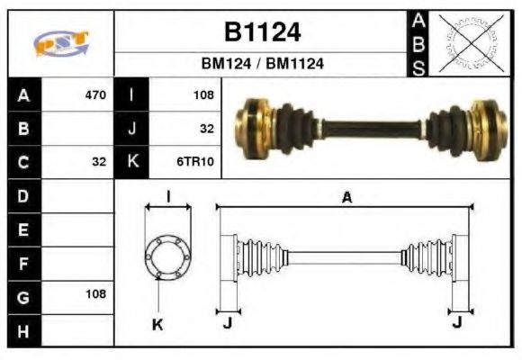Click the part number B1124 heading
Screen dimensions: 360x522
click(x=262, y=32)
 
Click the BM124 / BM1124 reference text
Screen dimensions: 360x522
click(x=262, y=64)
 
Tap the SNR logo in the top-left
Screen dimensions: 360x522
click(x=61, y=42)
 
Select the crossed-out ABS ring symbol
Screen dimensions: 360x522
click(x=468, y=42)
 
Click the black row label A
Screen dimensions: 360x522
click(x=22, y=94)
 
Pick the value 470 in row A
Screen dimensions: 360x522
click(x=95, y=94)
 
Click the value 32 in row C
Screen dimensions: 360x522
click(x=99, y=162)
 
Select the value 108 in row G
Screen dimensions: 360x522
click(x=95, y=293)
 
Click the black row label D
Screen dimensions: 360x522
click(x=22, y=195)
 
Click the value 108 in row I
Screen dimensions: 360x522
click(x=202, y=94)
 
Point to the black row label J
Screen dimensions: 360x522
click(x=131, y=128)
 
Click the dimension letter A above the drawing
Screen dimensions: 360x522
click(x=346, y=198)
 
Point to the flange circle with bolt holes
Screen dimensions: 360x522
click(x=168, y=256)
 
